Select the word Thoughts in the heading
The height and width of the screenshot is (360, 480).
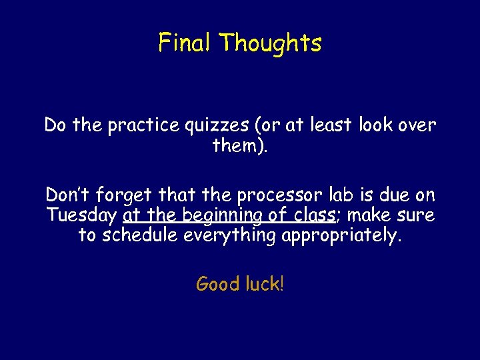pyautogui.click(x=270, y=43)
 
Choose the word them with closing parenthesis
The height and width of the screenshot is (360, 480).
pyautogui.click(x=240, y=145)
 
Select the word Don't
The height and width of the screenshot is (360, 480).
pyautogui.click(x=69, y=195)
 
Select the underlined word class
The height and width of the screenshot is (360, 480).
pyautogui.click(x=313, y=216)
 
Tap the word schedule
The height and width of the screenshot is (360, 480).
pyautogui.click(x=141, y=235)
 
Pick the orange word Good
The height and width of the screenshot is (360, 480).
pyautogui.click(x=217, y=284)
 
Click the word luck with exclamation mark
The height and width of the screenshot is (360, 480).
pyautogui.click(x=264, y=284)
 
